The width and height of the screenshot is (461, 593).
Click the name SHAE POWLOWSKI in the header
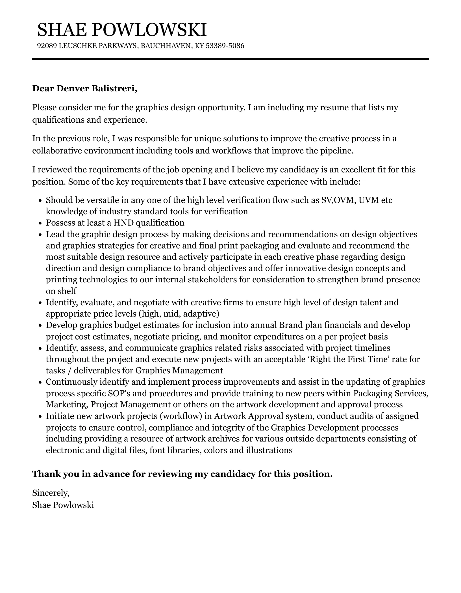[x=122, y=30]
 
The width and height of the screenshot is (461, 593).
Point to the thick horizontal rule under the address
[x=230, y=59]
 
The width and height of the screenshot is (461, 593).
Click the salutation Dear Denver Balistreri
[x=84, y=89]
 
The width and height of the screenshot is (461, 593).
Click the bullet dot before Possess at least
[x=40, y=223]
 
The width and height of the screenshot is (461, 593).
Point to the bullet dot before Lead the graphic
[x=40, y=235]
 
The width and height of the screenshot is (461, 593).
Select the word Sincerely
[x=51, y=493]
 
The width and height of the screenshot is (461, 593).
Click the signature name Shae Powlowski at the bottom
[x=63, y=505]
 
